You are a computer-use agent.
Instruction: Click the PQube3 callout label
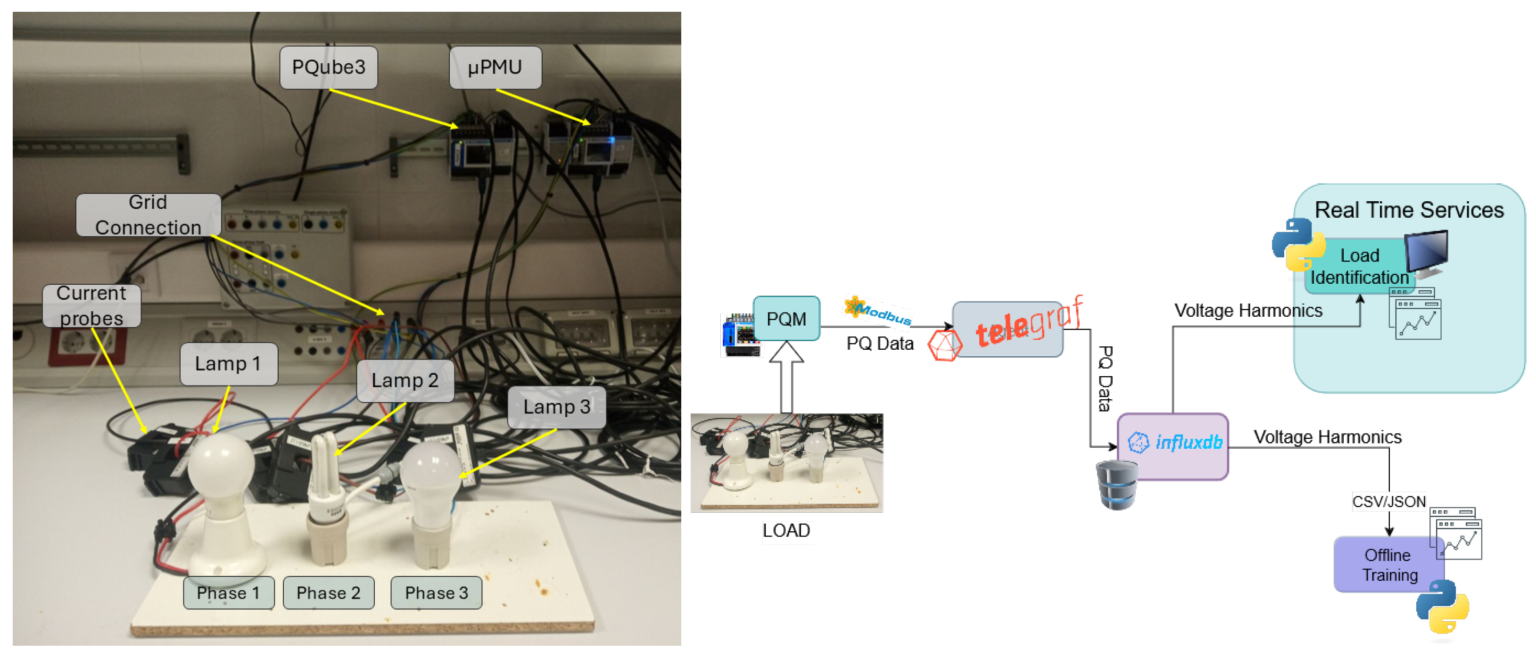coord(329,67)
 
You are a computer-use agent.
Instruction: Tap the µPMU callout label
coord(495,67)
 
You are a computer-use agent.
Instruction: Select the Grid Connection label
coord(148,215)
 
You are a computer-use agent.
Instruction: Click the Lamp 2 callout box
coord(405,380)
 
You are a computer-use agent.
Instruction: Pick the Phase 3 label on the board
coord(436,593)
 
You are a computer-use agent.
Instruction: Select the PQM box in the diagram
coord(786,319)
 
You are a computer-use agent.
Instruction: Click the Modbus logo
coord(878,311)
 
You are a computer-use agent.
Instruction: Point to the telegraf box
coord(1007,329)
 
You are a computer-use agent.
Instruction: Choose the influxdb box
coord(1173,446)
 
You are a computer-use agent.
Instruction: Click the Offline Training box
coord(1388,564)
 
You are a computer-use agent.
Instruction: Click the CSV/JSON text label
coord(1388,502)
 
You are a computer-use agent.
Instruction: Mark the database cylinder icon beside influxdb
coord(1116,485)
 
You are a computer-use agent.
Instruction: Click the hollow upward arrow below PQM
coord(786,376)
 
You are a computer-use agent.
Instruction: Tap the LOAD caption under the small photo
coord(786,530)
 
